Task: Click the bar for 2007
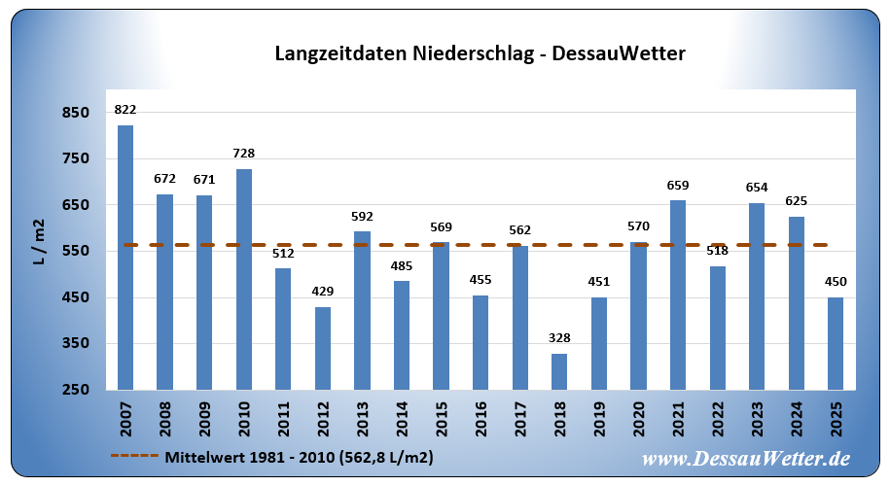point(125,258)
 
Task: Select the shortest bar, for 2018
point(559,371)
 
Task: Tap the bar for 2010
point(244,279)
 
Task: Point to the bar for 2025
point(836,343)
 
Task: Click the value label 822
point(125,110)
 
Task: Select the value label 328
point(559,338)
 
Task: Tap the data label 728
point(244,154)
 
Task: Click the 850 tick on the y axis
point(75,113)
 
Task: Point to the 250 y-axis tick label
point(75,390)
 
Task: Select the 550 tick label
point(75,251)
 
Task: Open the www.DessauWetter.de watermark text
point(746,458)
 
